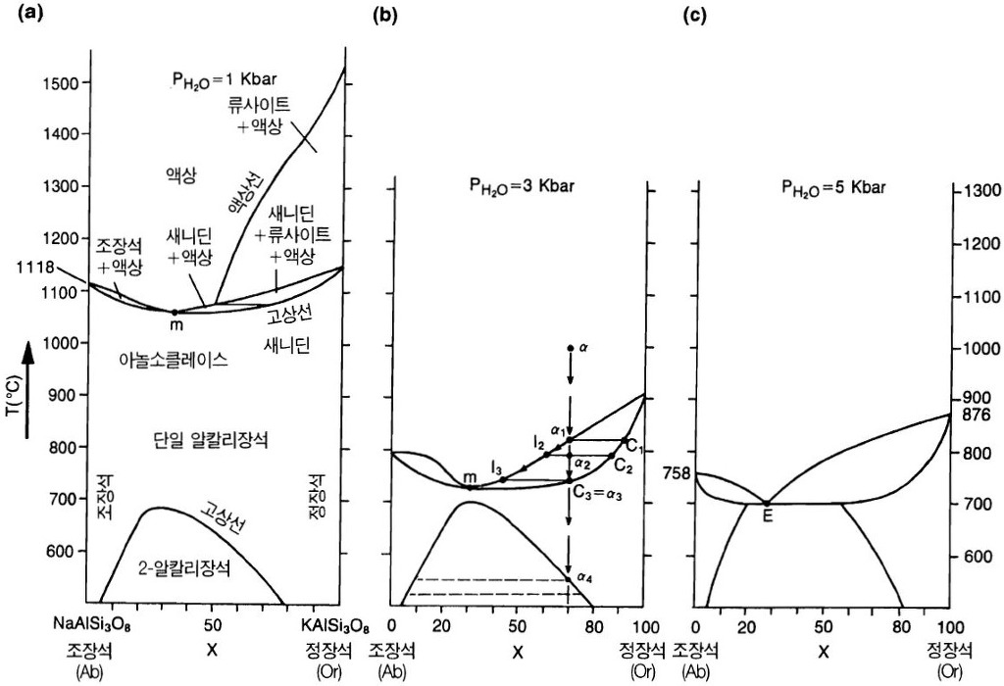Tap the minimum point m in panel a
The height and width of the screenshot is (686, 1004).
tap(176, 313)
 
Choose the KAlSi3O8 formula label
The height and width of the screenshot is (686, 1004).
tap(335, 624)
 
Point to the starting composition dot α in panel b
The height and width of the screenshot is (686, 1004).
tap(570, 348)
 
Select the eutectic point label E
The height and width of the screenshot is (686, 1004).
tap(767, 516)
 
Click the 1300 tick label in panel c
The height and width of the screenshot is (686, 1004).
tap(979, 190)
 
